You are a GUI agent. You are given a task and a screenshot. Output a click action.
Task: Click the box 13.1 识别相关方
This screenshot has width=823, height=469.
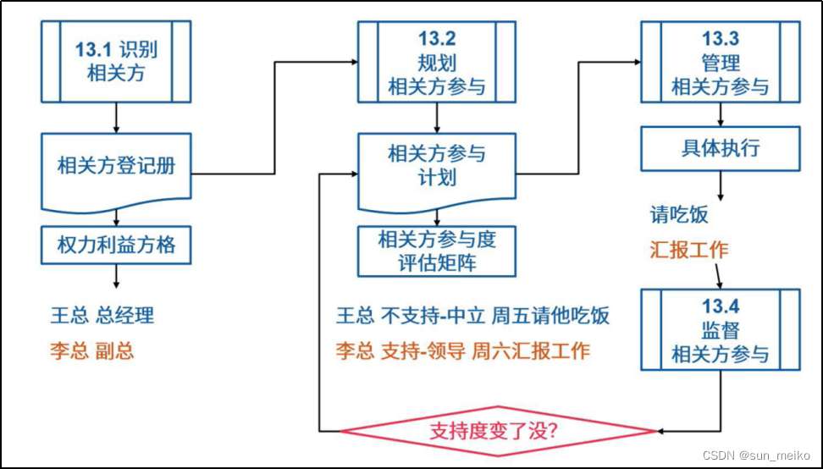click(x=116, y=61)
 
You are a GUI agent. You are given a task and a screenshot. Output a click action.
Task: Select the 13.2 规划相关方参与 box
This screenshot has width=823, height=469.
click(x=437, y=61)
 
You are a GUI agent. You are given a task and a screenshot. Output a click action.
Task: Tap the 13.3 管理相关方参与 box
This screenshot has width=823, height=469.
click(x=720, y=61)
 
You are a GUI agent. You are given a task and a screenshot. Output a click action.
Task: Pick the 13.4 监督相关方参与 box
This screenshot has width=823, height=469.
click(x=720, y=329)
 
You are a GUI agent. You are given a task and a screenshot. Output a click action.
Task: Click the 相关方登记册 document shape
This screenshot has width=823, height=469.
click(x=116, y=167)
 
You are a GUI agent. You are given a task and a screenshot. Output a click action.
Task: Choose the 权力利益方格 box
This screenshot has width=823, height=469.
click(x=116, y=245)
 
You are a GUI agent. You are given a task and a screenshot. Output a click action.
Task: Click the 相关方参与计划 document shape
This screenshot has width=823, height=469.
click(x=437, y=167)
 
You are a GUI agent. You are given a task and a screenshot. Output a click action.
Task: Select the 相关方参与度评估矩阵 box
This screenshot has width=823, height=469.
click(x=437, y=251)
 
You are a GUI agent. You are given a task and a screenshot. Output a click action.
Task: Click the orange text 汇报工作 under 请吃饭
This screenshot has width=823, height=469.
click(x=688, y=250)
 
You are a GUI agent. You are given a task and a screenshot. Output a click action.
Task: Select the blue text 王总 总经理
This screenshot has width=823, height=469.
click(x=102, y=316)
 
